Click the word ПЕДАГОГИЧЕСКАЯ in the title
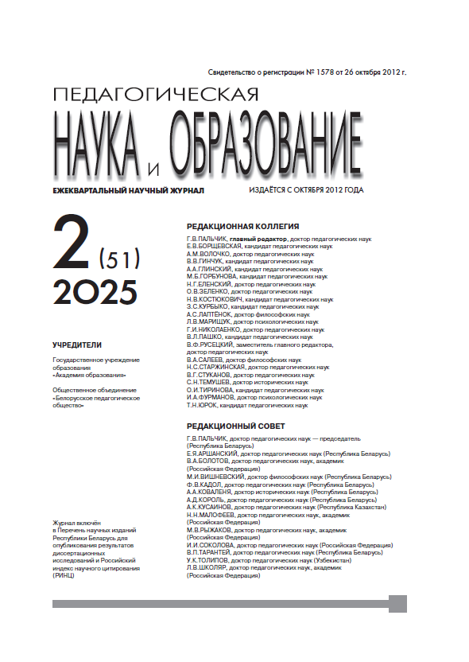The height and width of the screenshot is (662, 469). click(155, 95)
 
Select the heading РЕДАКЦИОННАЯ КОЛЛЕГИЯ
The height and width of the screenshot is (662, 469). click(242, 225)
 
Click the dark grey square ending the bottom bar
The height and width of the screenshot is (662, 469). click(397, 604)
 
